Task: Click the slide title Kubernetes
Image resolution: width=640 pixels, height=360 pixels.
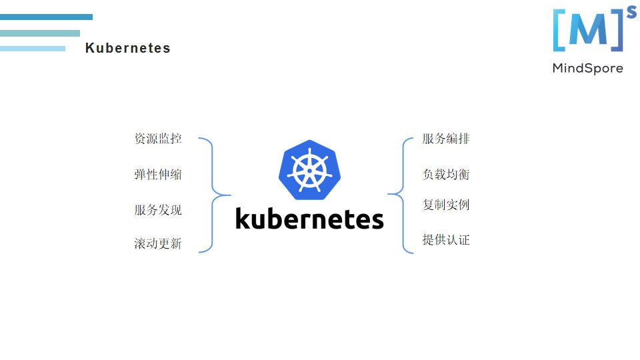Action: pos(127,48)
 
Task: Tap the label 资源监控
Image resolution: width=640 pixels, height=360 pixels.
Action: pos(158,139)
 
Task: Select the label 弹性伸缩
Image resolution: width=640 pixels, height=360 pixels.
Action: pos(158,175)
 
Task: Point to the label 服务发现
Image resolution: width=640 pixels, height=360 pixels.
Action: pos(158,210)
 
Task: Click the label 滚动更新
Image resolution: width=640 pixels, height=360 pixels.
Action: pos(158,243)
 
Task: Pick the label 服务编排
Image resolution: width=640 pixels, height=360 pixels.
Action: pos(446,139)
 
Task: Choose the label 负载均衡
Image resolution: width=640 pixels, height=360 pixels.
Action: pos(446,174)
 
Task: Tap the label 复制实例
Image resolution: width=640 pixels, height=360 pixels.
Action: pos(446,205)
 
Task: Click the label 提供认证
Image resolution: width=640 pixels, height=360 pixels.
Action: pos(446,239)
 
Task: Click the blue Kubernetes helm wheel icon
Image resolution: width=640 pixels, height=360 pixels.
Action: pos(309,169)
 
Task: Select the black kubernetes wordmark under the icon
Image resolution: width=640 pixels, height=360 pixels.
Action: pos(309,219)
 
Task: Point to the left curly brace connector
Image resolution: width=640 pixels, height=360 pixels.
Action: pos(213,195)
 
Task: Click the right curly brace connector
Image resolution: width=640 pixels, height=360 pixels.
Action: pos(402,195)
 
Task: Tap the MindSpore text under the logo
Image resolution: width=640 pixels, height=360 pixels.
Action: pos(587,68)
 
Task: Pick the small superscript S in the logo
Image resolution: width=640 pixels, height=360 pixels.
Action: pos(631,10)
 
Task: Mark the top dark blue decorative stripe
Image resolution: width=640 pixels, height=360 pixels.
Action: pos(46,17)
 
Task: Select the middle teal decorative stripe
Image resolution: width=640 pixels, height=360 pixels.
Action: pos(39,33)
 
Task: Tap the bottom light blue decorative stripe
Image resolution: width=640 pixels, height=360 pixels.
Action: pos(33,48)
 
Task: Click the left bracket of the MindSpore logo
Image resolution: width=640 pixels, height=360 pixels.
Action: pos(558,31)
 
